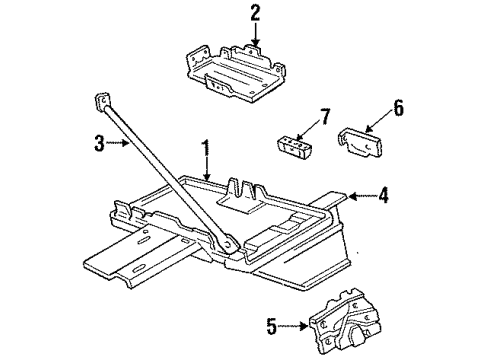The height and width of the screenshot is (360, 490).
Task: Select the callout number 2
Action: tap(255, 13)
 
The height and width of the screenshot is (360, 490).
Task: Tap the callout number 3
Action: tap(99, 143)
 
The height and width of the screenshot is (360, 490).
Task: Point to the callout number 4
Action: tap(383, 195)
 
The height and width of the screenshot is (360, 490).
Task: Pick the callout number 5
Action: tap(272, 326)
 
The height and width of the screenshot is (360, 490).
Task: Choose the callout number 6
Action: tap(398, 108)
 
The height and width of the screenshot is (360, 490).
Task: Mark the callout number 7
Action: tap(325, 117)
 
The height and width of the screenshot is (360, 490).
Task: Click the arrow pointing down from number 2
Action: tap(255, 34)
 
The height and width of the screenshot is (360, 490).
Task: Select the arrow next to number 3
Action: tap(118, 143)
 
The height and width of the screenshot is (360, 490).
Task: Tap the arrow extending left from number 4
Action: tap(362, 196)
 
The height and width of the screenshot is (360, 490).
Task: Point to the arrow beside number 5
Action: tap(293, 326)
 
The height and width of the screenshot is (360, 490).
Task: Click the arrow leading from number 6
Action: tap(378, 121)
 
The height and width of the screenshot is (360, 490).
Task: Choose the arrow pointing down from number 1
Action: tap(207, 169)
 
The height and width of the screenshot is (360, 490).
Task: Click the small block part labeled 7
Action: tap(292, 147)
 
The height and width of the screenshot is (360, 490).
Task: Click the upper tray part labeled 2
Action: tap(237, 74)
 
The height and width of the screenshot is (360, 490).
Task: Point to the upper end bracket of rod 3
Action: tap(102, 101)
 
